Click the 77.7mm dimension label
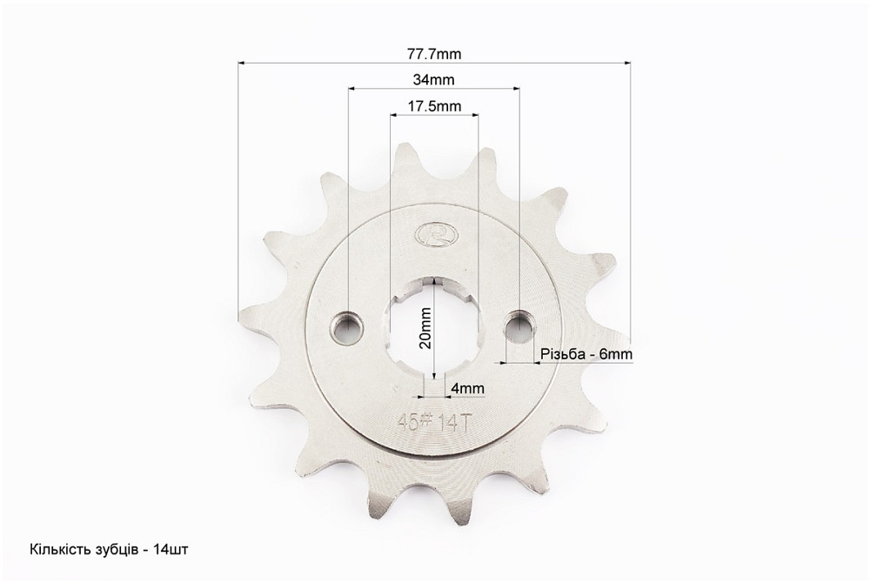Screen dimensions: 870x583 [434, 54]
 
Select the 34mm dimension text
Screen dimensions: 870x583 [433, 80]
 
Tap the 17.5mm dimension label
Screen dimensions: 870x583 [434, 106]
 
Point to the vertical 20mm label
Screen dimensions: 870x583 [426, 328]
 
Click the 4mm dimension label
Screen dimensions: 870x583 [467, 388]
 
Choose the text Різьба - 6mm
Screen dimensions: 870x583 [586, 353]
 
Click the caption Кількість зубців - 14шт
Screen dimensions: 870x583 [109, 550]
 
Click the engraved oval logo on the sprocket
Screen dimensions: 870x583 [433, 234]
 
